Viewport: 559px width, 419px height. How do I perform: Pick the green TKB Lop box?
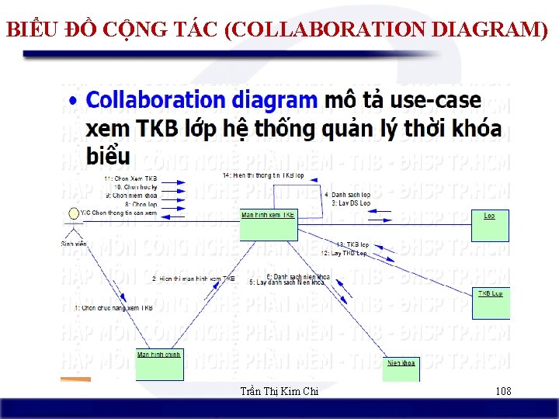pyautogui.click(x=491, y=303)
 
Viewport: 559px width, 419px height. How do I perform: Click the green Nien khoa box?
pyautogui.click(x=401, y=368)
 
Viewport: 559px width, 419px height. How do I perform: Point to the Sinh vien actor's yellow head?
pyautogui.click(x=75, y=213)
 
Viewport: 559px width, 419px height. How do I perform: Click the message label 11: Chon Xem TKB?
pyautogui.click(x=130, y=178)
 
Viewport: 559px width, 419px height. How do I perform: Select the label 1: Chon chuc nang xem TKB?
pyautogui.click(x=113, y=308)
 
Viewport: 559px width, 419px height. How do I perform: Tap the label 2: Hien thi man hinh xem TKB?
pyautogui.click(x=193, y=279)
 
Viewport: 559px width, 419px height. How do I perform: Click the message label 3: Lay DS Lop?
pyautogui.click(x=351, y=203)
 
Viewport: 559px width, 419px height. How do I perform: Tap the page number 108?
pyautogui.click(x=503, y=391)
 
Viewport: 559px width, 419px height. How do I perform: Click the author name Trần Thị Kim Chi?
pyautogui.click(x=279, y=391)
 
